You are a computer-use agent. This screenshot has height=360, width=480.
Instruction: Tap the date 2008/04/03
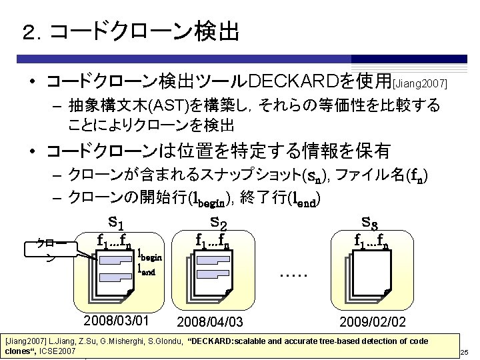click(211, 322)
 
